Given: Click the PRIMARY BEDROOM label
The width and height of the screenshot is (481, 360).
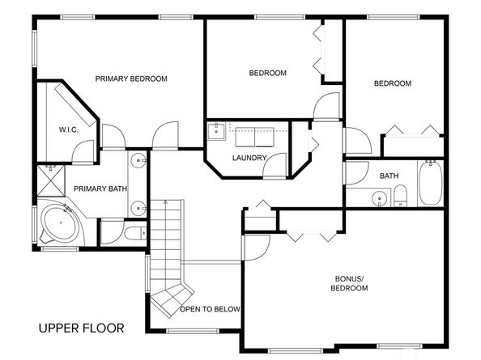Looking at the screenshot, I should tap(130, 78).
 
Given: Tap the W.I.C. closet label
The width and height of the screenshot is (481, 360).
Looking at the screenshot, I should tap(68, 129).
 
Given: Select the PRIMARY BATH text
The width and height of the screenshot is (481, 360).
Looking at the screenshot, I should tap(100, 188).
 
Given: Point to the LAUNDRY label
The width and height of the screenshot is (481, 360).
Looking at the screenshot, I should tap(249, 157).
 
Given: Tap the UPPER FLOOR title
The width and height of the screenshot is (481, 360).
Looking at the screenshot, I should tap(82, 328).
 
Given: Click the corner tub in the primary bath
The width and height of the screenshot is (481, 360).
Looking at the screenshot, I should tap(57, 223).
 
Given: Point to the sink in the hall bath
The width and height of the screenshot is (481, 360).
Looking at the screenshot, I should tap(377, 197).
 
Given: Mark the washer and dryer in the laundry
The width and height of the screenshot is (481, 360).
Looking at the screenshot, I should tap(254, 134).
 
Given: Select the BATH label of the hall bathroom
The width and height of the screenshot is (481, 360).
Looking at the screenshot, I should tap(389, 175).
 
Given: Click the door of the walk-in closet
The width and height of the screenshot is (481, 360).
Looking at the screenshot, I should tap(83, 149).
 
